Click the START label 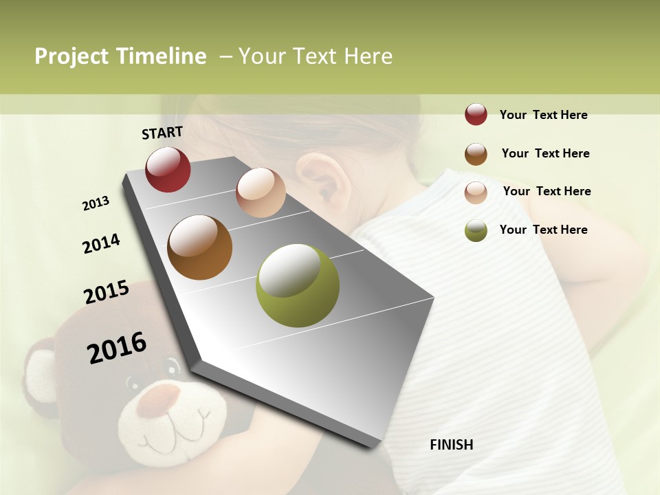(162, 133)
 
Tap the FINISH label (452, 445)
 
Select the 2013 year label (96, 203)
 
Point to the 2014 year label (101, 243)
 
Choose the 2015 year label (107, 292)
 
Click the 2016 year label (117, 348)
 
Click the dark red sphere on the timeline (168, 169)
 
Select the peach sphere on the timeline (261, 192)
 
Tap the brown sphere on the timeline (199, 247)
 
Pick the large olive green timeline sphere (298, 285)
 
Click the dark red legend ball (476, 114)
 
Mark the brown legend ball (476, 153)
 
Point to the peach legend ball (476, 192)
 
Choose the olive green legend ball (476, 230)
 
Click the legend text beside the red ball (543, 115)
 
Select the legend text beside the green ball (543, 230)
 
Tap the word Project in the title (71, 56)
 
